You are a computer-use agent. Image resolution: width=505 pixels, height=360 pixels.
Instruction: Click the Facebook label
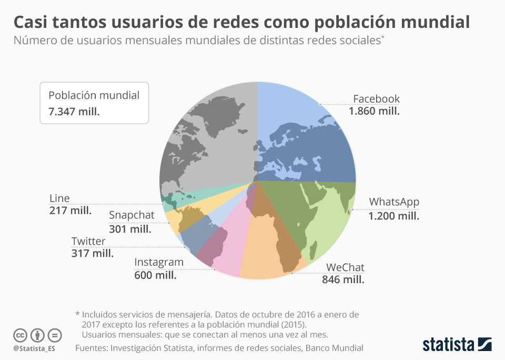point(376,99)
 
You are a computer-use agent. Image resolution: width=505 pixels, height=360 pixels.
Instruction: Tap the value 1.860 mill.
point(374,112)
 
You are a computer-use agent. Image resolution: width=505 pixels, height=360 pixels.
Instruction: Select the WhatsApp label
point(394,202)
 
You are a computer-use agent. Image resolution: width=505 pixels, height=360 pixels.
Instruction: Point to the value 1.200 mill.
point(394,216)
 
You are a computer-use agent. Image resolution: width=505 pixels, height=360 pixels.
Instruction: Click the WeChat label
point(345,267)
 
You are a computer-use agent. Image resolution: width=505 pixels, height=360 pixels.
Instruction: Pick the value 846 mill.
point(343,279)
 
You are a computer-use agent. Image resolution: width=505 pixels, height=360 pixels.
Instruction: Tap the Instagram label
point(159,262)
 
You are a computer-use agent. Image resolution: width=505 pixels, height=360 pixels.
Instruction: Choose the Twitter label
point(88,241)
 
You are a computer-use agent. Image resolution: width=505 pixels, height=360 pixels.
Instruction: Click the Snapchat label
point(132,215)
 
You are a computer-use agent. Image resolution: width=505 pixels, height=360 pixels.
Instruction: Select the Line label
point(59,198)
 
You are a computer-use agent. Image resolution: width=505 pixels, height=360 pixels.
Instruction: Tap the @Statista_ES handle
point(34,348)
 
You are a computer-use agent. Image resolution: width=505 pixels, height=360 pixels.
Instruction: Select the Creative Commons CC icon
point(21,335)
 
